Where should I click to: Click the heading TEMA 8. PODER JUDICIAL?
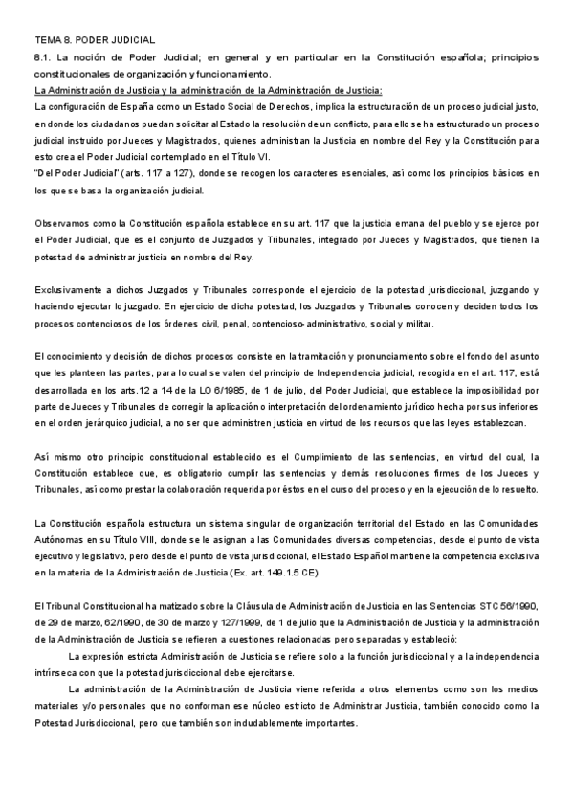pos(94,41)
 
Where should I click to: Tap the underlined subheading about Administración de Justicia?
pos(209,90)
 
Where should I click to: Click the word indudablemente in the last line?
pos(235,723)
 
